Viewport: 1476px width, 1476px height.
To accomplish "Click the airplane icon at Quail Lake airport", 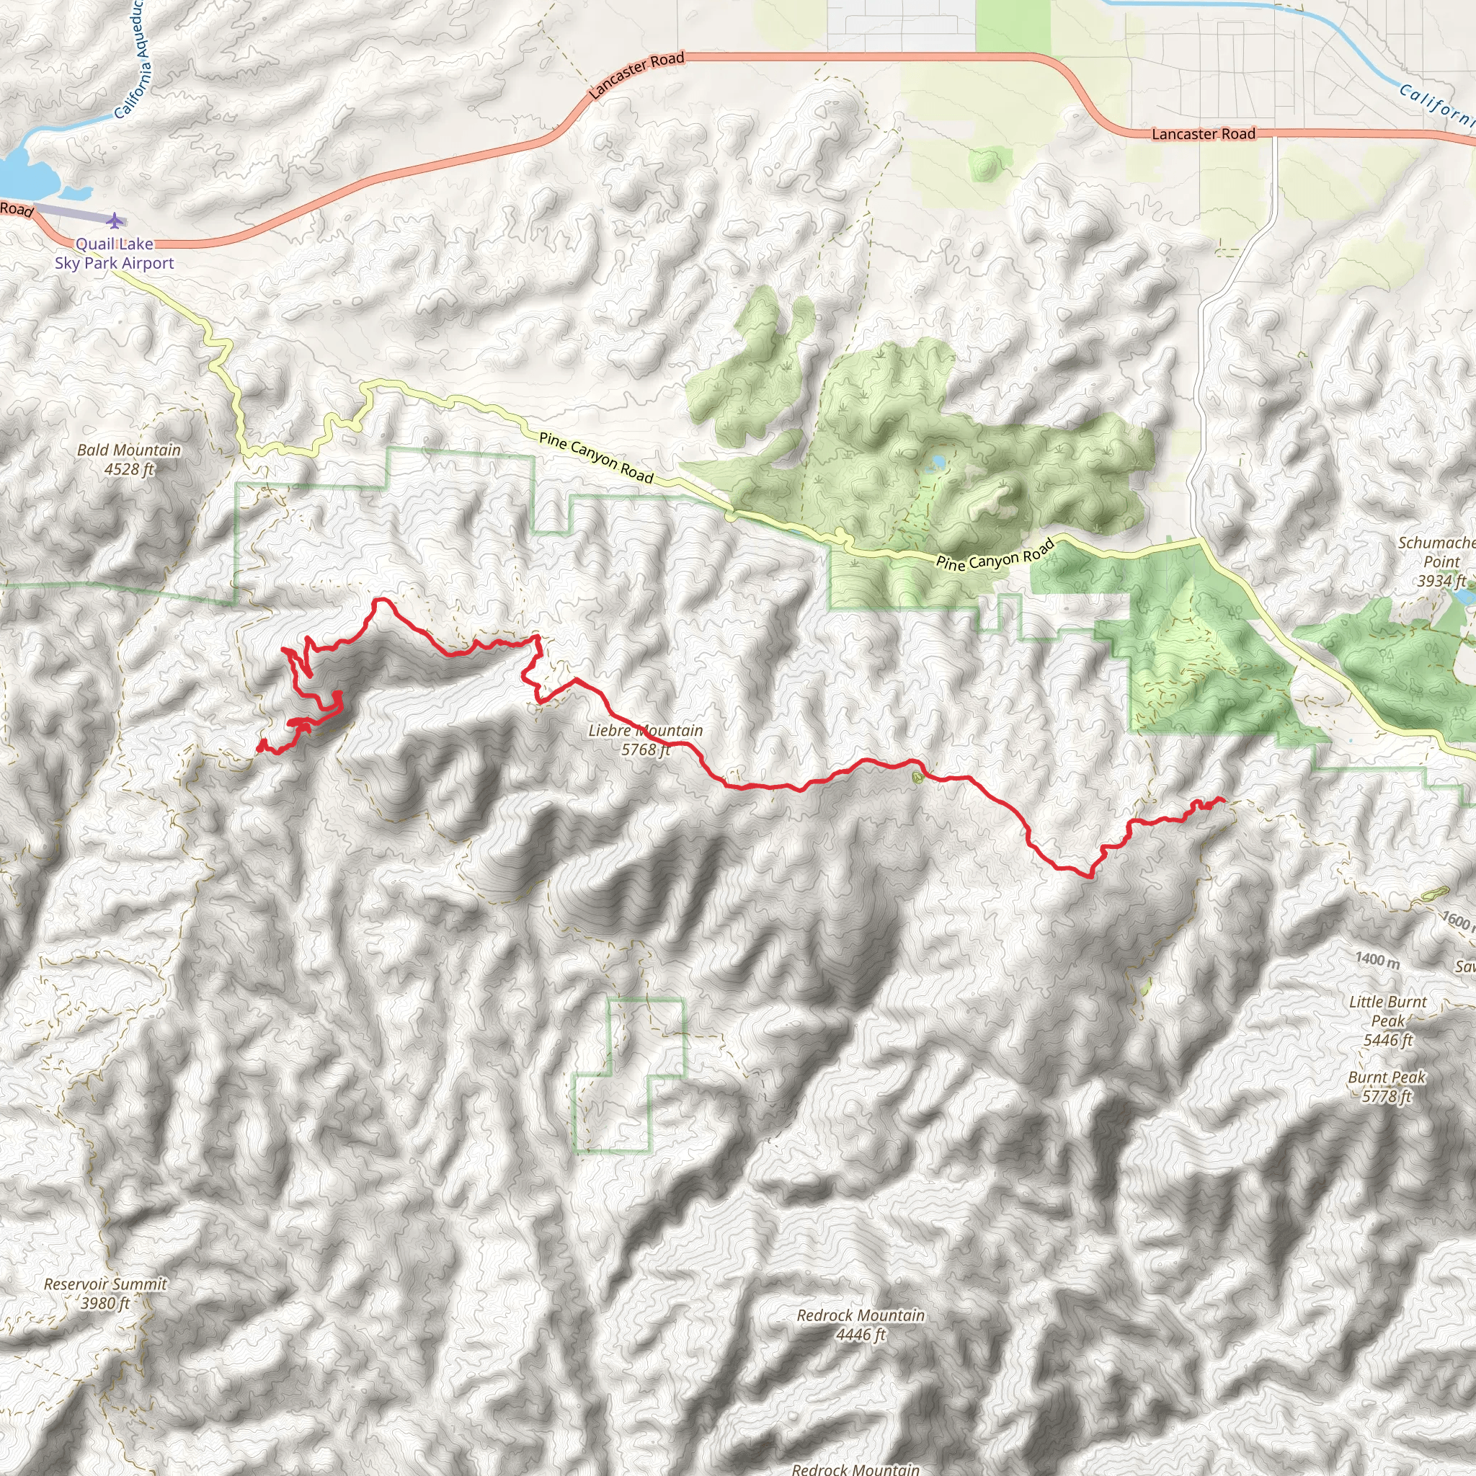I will coord(115,221).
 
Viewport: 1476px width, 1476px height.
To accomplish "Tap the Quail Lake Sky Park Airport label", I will coord(115,254).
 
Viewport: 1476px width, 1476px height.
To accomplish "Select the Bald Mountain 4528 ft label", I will coord(129,459).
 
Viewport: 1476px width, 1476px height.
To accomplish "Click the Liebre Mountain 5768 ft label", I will coord(646,739).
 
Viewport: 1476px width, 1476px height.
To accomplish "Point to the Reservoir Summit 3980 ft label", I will coord(105,1294).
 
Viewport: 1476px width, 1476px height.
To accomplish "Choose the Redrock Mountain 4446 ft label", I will coord(861,1325).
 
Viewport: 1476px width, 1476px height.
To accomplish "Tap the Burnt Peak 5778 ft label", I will coord(1387,1086).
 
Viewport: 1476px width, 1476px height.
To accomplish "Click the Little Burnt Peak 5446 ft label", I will coord(1387,1021).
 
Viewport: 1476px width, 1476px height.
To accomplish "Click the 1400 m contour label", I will coord(1377,960).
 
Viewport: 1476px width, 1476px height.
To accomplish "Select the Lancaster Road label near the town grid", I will coord(1204,134).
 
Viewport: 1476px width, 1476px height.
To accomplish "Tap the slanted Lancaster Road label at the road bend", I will coord(636,75).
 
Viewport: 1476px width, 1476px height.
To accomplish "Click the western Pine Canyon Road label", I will coord(596,458).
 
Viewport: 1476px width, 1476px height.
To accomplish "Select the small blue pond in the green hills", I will coord(937,461).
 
